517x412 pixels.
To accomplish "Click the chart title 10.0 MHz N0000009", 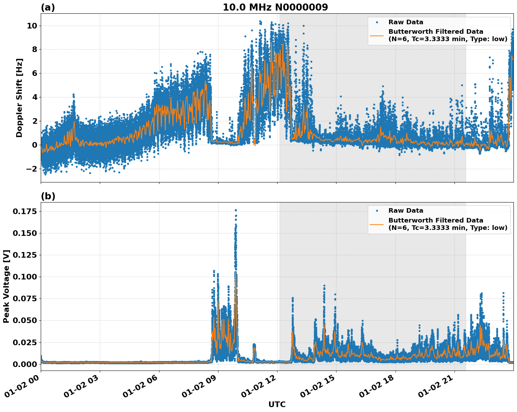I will pyautogui.click(x=275, y=7).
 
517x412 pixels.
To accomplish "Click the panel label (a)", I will pyautogui.click(x=48, y=7).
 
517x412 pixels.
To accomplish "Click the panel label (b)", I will pyautogui.click(x=48, y=196).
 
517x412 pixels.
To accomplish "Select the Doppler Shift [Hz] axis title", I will pyautogui.click(x=19, y=98).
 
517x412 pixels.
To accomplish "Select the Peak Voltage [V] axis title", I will pyautogui.click(x=6, y=286).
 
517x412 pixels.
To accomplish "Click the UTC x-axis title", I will pyautogui.click(x=277, y=404).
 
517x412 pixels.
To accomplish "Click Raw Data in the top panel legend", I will pyautogui.click(x=406, y=22).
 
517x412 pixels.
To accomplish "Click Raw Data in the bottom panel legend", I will pyautogui.click(x=406, y=211).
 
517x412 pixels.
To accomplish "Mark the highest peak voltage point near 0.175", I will pyautogui.click(x=236, y=210).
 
